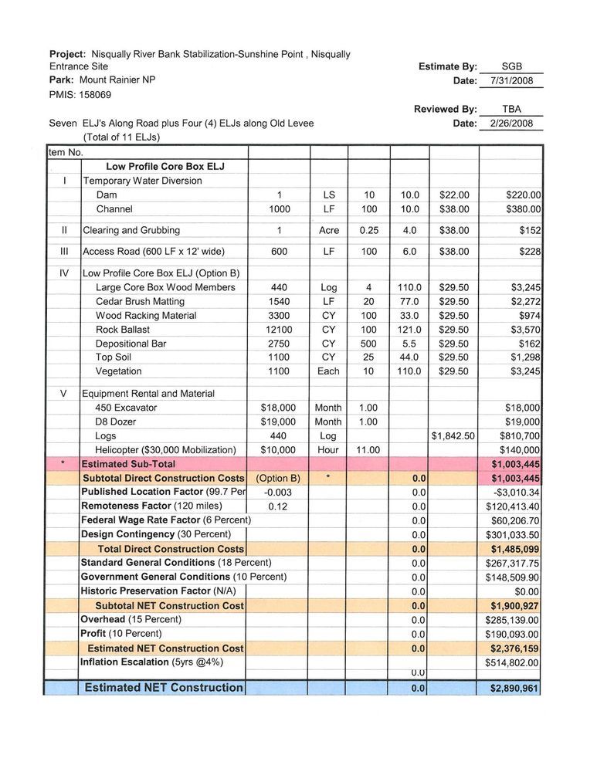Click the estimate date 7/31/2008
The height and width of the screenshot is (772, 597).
[511, 81]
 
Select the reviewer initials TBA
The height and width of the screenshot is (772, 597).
[511, 110]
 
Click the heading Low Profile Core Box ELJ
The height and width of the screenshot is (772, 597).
[165, 167]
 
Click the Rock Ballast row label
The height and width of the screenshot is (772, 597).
[123, 330]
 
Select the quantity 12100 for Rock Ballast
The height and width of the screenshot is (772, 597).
[279, 330]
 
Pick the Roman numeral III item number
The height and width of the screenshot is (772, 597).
[65, 252]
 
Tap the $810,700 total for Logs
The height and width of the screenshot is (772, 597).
[518, 436]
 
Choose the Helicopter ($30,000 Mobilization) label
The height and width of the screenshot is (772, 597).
[165, 450]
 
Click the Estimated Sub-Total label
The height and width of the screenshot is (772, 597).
[128, 464]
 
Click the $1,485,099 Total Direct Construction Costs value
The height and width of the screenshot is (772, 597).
[514, 549]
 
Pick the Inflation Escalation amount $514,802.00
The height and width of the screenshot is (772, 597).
[512, 662]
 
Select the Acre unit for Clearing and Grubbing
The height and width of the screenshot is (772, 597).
[329, 230]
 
